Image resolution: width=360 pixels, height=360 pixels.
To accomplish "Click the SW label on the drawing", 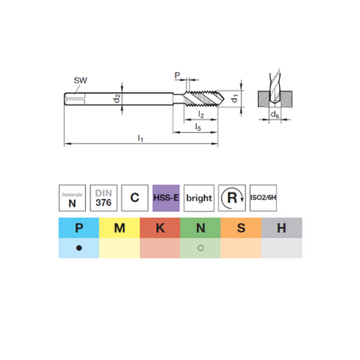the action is click(80, 80).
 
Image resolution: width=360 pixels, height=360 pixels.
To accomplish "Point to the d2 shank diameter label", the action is click(117, 98).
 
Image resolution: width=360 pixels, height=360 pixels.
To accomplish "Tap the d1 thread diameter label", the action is click(234, 98).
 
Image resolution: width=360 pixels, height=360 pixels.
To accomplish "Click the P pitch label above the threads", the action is click(177, 75).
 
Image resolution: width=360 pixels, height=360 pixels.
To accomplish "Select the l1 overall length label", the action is click(140, 138).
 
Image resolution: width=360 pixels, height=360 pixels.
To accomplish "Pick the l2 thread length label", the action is click(201, 114).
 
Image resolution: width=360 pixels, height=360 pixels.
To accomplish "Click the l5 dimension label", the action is click(198, 127).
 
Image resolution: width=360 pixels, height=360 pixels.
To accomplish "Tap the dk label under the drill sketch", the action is click(275, 115).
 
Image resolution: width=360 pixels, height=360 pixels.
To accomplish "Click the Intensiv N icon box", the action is click(72, 198).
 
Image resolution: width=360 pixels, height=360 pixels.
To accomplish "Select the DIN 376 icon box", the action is click(104, 198).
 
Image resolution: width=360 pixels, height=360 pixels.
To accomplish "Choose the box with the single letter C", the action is click(134, 198).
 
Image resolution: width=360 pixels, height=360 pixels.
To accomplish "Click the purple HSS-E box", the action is click(166, 198).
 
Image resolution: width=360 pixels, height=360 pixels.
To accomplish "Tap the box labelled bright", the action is click(199, 198).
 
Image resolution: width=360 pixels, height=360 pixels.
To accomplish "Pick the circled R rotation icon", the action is click(232, 198).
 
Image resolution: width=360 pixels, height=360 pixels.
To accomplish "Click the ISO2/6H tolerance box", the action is click(263, 198).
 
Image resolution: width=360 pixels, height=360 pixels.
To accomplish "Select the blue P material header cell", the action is click(79, 228).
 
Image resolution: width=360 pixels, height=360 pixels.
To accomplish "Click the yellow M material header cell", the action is click(120, 228).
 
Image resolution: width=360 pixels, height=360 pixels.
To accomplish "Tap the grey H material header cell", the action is click(281, 228).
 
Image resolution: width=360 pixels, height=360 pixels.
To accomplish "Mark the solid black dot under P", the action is click(79, 248).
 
